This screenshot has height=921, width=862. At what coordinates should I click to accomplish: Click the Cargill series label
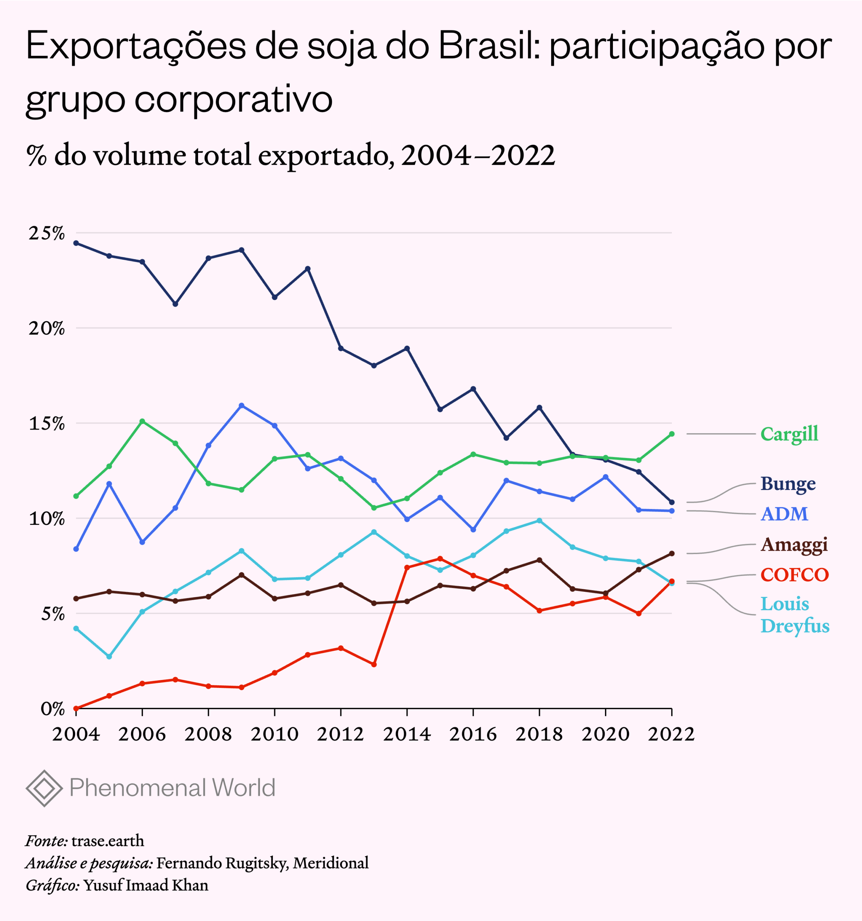(x=789, y=434)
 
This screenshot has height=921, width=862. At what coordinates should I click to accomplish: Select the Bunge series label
(x=788, y=484)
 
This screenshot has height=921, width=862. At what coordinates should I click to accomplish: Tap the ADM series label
(x=784, y=514)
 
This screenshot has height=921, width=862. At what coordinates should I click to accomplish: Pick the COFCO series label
(x=794, y=575)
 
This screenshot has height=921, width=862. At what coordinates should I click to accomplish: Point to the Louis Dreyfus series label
(x=794, y=615)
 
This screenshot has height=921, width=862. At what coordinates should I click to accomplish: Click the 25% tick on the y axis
(x=47, y=233)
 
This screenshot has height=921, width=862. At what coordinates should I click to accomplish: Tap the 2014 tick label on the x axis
(x=407, y=734)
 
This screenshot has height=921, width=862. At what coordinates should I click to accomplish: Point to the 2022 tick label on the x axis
(x=671, y=734)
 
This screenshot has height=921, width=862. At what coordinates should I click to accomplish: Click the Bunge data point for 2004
(x=76, y=243)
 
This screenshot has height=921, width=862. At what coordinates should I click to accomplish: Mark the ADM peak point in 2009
(x=241, y=405)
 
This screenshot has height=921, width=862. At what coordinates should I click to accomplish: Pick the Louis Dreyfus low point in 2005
(x=109, y=657)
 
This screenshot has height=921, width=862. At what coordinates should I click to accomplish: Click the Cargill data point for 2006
(x=142, y=421)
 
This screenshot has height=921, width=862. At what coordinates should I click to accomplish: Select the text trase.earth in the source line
(x=107, y=840)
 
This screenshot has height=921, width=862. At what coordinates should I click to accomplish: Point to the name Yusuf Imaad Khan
(x=146, y=885)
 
